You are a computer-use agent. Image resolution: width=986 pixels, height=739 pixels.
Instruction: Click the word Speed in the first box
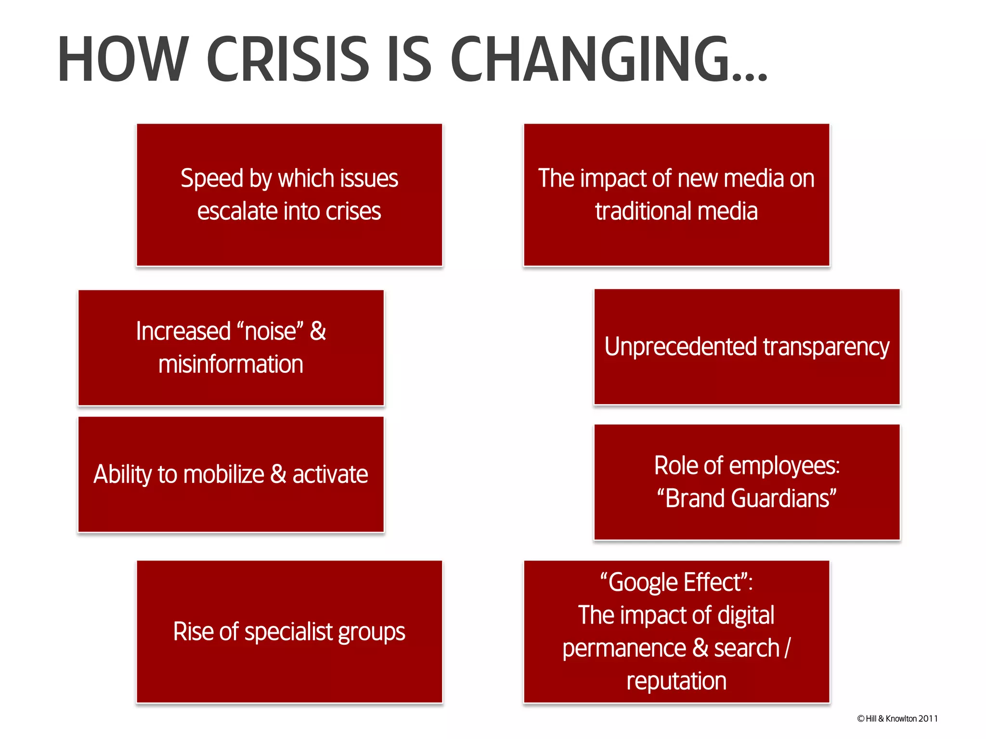coord(212,179)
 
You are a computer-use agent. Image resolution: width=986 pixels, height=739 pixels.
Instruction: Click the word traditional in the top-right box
coord(643,212)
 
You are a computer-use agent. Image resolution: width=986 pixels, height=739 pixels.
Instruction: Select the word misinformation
coord(231,364)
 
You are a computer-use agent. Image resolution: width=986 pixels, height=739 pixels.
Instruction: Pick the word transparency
coord(826,347)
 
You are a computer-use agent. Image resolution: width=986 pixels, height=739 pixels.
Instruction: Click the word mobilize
coord(223,474)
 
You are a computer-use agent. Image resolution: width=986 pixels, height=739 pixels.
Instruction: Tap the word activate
coord(330,474)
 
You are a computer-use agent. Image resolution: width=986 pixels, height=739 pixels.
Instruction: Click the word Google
coord(643,583)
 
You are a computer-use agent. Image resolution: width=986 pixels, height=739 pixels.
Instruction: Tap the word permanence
coord(624,649)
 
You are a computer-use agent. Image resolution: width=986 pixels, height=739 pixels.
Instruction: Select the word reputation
coord(676,681)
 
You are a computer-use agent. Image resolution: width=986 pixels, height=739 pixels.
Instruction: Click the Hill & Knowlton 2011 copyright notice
coord(897,719)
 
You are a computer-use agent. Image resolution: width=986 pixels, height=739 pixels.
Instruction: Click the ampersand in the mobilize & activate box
coord(278,474)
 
